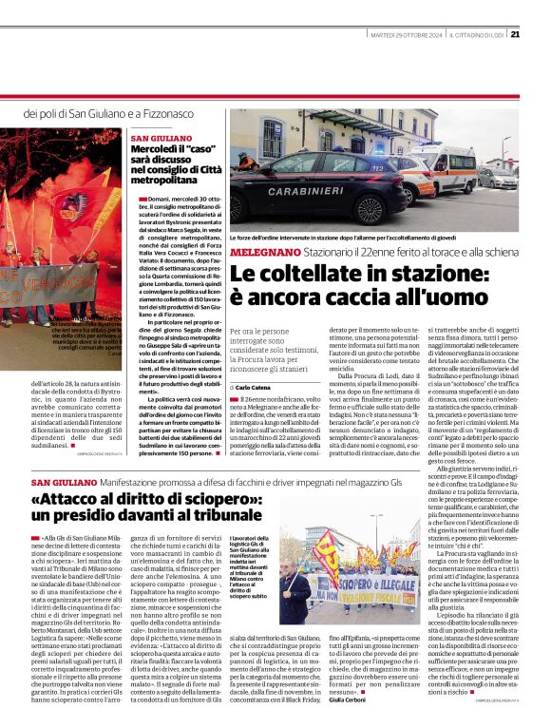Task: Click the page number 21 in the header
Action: click(x=514, y=35)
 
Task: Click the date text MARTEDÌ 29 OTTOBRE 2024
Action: click(x=406, y=36)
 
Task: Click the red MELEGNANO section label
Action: click(x=265, y=252)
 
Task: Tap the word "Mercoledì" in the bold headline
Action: click(x=158, y=151)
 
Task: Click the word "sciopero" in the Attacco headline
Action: click(x=197, y=500)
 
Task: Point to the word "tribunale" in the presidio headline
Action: click(x=219, y=517)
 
